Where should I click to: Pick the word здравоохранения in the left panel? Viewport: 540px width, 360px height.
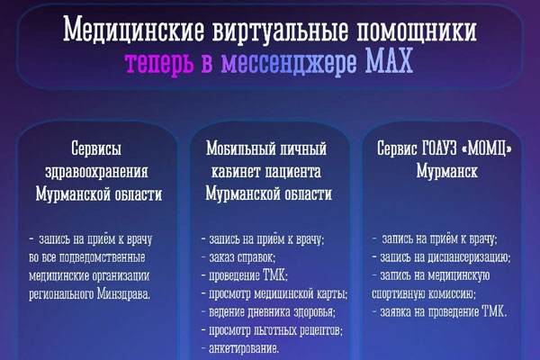tap(96, 171)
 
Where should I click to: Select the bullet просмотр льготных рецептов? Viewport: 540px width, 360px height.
tap(273, 330)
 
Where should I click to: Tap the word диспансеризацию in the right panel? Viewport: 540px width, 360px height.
tap(467, 257)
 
